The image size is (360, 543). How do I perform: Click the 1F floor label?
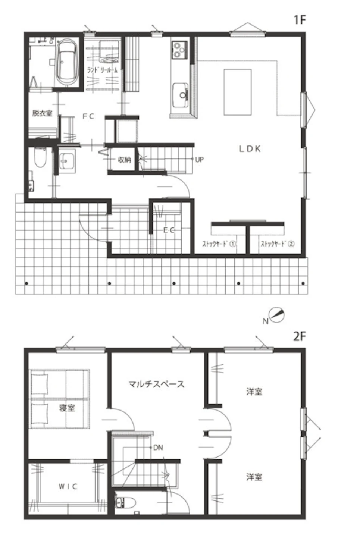click(300, 20)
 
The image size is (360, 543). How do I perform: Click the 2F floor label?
click(300, 336)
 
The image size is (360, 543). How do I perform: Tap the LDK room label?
click(250, 148)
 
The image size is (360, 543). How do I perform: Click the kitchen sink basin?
click(180, 95)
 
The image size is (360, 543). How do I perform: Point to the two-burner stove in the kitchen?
click(179, 50)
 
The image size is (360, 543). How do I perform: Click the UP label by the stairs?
click(199, 160)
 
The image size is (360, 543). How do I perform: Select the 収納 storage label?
click(124, 160)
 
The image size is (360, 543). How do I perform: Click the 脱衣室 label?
click(43, 113)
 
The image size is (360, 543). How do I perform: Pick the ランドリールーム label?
click(102, 70)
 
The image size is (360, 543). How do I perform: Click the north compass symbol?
click(276, 315)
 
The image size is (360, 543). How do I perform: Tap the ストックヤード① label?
click(219, 244)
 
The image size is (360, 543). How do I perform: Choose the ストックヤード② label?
click(278, 244)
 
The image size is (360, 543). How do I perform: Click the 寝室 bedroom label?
click(67, 408)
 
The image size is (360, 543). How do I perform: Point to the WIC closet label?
click(68, 487)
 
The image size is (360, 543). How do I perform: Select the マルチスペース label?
click(156, 384)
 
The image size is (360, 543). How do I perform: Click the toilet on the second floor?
click(125, 503)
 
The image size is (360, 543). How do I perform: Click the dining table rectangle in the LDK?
click(237, 92)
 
